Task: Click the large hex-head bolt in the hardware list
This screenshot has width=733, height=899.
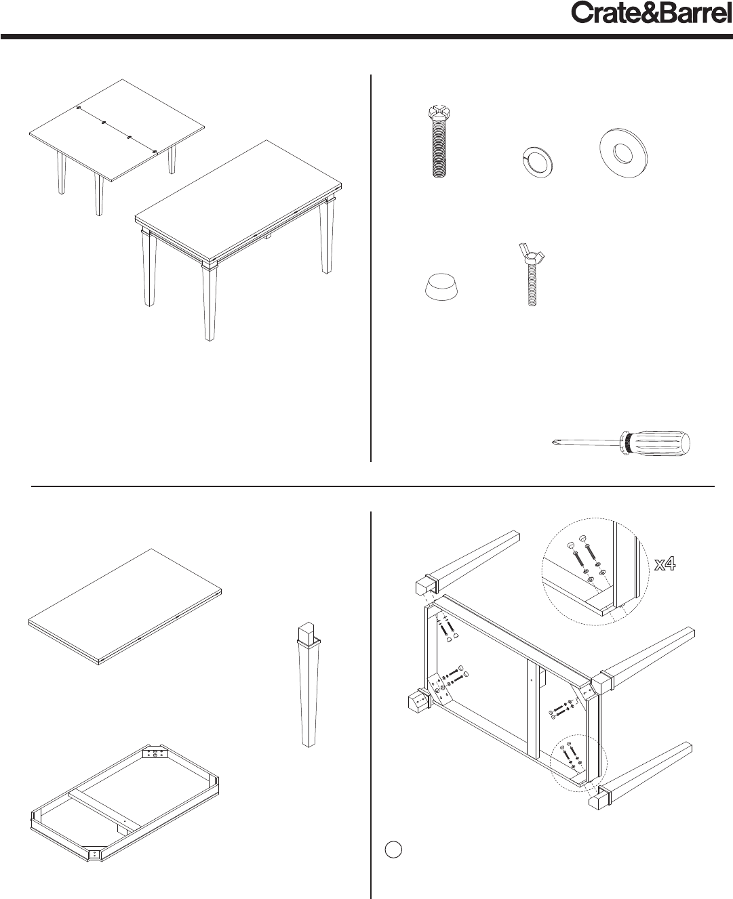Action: coord(439,142)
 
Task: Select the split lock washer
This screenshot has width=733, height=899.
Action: coord(538,163)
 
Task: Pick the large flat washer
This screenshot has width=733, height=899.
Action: coord(623,153)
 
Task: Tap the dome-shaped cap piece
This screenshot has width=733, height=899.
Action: coord(442,287)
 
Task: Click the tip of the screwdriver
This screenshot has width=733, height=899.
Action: coord(553,442)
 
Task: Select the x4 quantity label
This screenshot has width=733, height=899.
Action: coord(665,564)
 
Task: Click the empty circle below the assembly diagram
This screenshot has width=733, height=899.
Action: coord(393,849)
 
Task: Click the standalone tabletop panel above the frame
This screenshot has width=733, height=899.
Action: coord(125,607)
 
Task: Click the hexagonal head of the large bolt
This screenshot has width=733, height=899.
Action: coord(439,112)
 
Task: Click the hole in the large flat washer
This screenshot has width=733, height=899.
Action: coord(623,153)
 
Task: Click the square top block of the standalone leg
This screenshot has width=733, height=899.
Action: coord(306,632)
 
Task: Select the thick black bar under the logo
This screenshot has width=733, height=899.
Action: coord(367,37)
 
